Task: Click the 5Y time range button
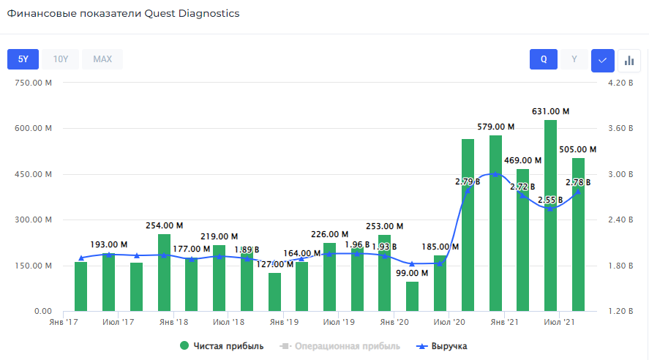tap(23, 59)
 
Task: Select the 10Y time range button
tap(61, 59)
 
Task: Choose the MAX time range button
tap(102, 59)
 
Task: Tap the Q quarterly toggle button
tap(544, 59)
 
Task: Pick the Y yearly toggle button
tap(574, 59)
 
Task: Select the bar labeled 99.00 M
tap(412, 296)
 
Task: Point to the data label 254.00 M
tap(164, 225)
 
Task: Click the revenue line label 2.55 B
tap(550, 199)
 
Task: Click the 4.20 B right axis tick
tap(620, 83)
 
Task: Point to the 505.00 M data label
tap(578, 149)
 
